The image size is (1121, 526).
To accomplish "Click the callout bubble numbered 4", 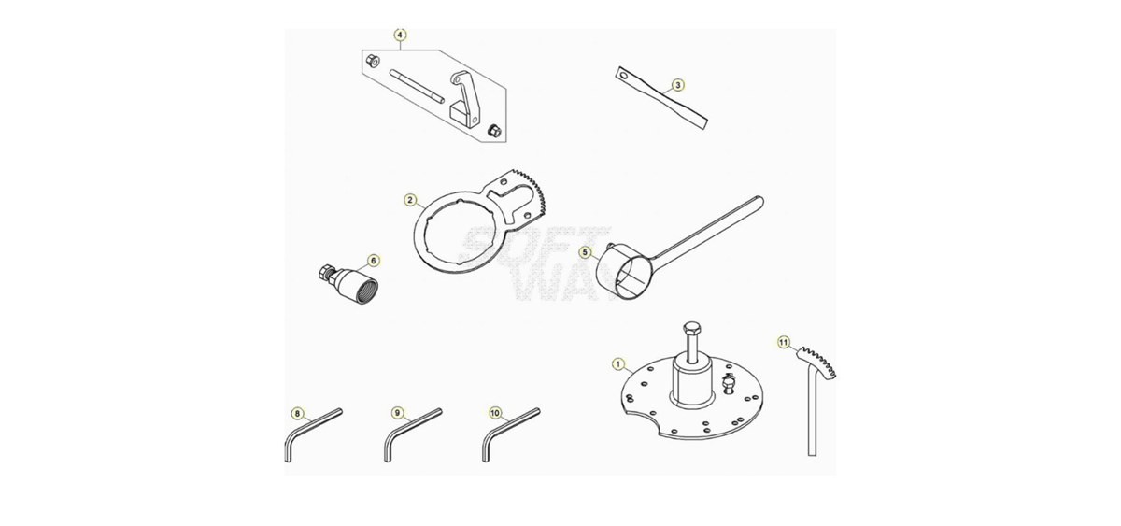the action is (401, 35).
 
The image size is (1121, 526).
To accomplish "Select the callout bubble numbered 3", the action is (678, 85).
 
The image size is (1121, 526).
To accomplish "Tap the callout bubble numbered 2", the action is (410, 200).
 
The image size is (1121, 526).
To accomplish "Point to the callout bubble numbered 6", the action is (374, 261).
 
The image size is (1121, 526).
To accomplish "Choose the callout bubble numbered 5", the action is (586, 252).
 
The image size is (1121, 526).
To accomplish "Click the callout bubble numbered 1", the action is (618, 364).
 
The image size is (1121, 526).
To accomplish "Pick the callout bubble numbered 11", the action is (784, 343).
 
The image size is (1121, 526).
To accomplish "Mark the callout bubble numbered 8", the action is (298, 413).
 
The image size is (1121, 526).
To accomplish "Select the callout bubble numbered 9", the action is (397, 413).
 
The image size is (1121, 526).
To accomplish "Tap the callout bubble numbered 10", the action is (495, 413).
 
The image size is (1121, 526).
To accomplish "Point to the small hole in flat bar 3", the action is (623, 76).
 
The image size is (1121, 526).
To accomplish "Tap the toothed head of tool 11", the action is (816, 362).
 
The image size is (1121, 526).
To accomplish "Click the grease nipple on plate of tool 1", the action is (729, 384).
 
